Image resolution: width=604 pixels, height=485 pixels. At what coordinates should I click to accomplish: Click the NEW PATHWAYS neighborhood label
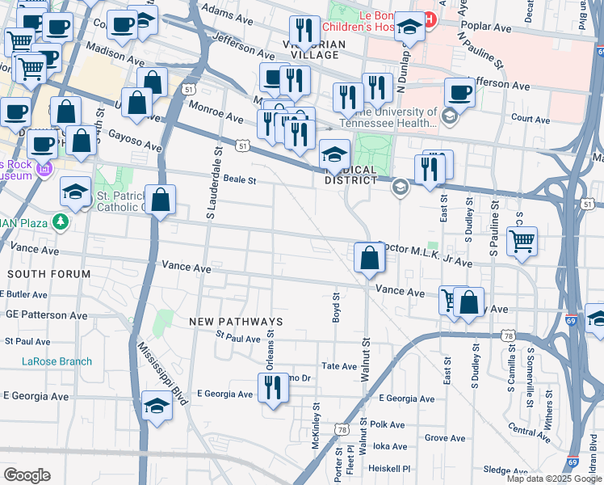(x=236, y=322)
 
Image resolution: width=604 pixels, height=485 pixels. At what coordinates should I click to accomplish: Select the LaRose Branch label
(x=57, y=361)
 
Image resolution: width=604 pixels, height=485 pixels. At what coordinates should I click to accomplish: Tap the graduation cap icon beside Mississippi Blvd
(x=157, y=407)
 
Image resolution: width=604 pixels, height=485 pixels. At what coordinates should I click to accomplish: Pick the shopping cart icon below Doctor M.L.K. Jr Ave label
(x=522, y=241)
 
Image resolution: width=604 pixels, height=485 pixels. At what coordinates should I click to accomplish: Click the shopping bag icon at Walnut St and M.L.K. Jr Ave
(x=369, y=259)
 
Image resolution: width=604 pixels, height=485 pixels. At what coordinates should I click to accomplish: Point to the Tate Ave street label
(x=339, y=366)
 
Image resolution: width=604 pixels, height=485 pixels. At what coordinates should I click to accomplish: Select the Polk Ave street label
(x=387, y=424)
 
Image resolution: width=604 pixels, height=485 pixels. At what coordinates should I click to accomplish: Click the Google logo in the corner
(x=27, y=475)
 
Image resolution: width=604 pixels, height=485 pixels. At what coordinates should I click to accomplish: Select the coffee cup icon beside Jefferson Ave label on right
(x=459, y=92)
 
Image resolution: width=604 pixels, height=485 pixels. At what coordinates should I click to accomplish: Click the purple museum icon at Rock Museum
(x=44, y=169)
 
